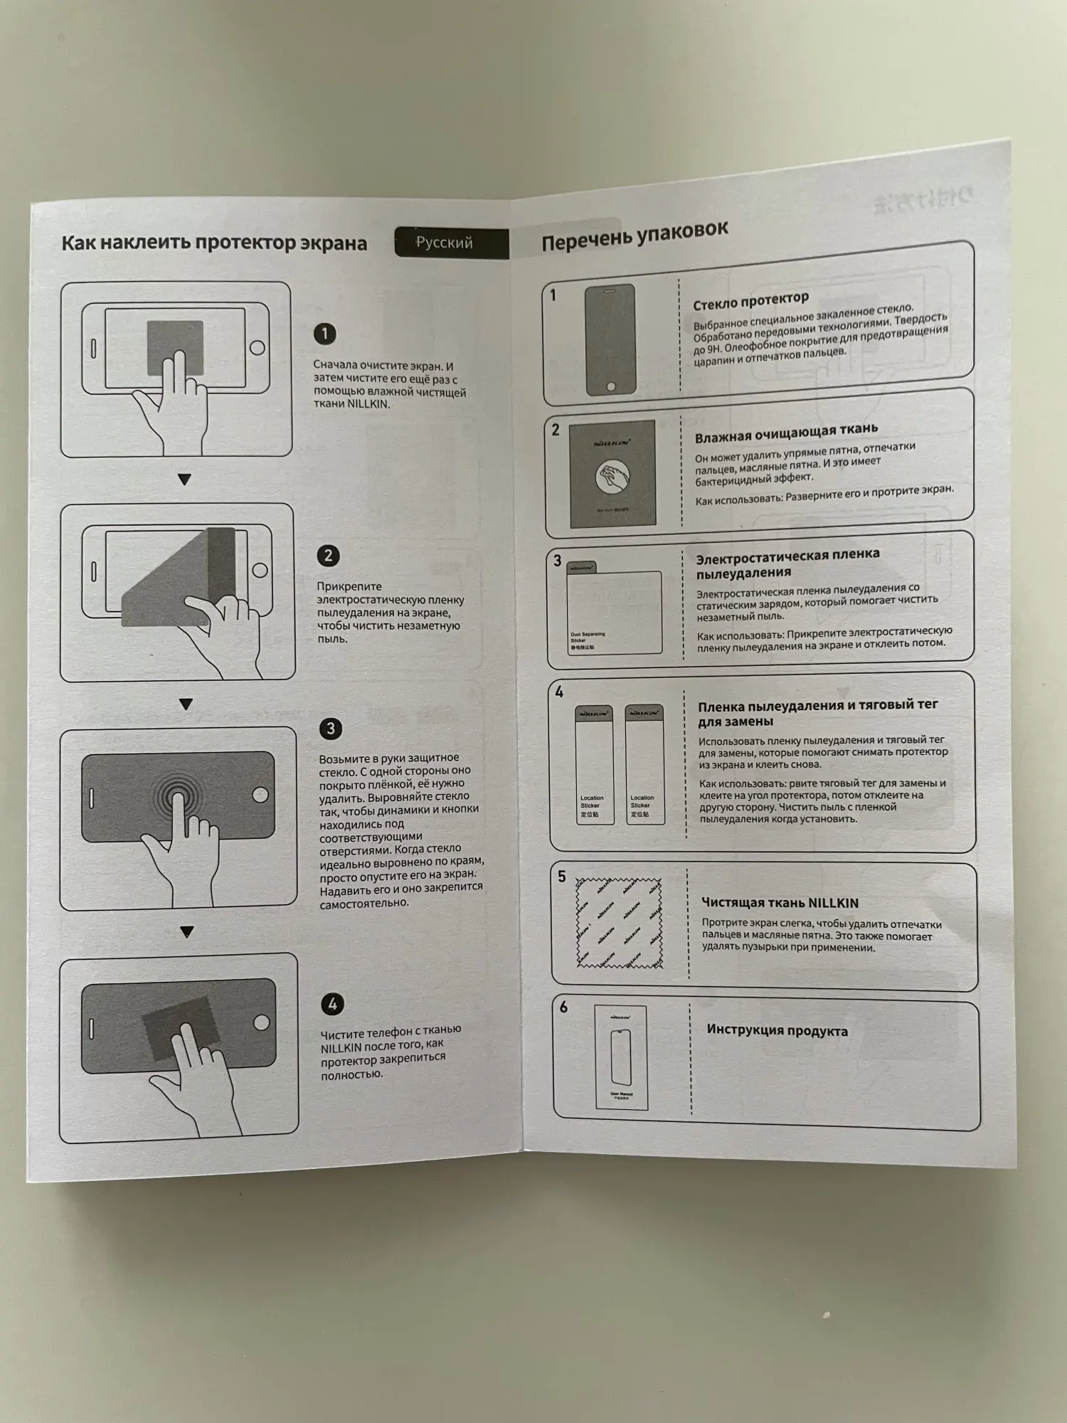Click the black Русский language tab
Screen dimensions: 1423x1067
point(451,243)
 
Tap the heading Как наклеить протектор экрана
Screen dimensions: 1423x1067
point(214,243)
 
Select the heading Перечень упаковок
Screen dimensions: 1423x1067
point(635,236)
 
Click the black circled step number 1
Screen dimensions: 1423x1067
point(325,334)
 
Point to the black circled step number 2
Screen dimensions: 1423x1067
point(328,556)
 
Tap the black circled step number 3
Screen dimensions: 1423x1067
point(330,729)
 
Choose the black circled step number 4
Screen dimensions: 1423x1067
point(332,1004)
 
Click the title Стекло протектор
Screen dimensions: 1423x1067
point(750,301)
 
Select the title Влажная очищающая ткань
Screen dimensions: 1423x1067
point(786,433)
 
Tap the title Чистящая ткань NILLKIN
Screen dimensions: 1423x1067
point(780,903)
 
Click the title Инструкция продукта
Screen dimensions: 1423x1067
point(777,1030)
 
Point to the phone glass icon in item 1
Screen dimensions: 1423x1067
point(610,339)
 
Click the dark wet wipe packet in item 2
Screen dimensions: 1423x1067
point(612,474)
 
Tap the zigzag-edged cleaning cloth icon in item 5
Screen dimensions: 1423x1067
point(619,923)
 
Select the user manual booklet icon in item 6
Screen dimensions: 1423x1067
point(620,1057)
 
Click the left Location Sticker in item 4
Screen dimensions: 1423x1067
point(594,765)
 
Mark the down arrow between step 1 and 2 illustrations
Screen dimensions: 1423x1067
point(185,480)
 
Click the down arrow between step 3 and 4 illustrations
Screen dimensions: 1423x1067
point(187,932)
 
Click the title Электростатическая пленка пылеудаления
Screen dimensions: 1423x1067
point(787,563)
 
